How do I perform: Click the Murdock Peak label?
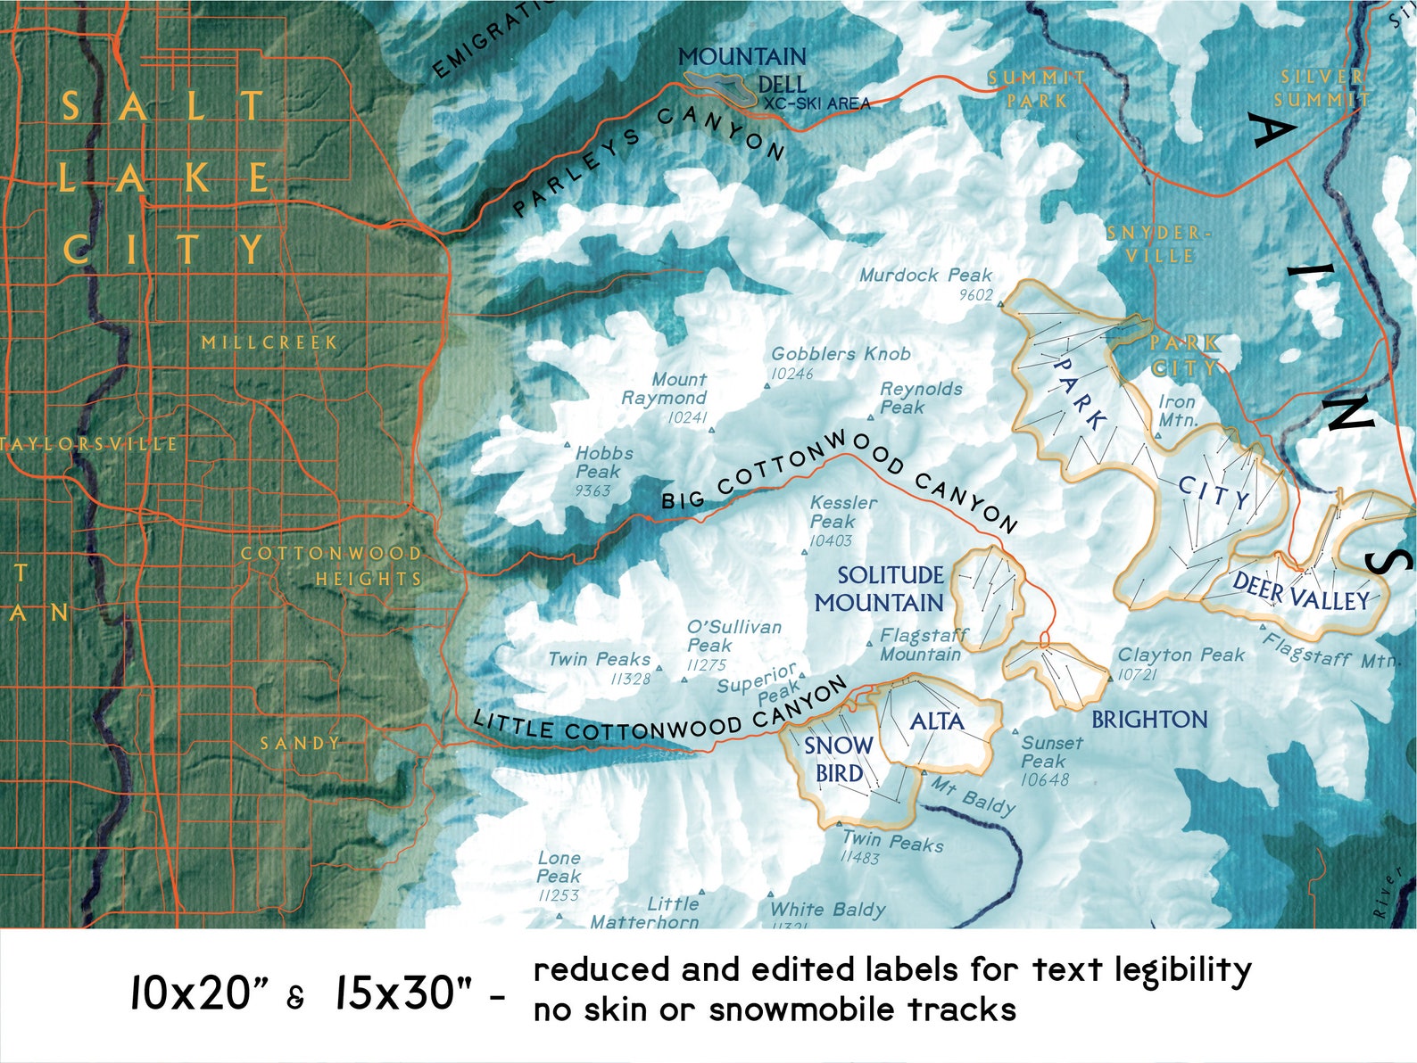(925, 276)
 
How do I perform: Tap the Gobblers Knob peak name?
(841, 354)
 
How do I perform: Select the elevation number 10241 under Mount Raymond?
(687, 417)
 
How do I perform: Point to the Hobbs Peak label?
(603, 462)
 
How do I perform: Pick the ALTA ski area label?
(936, 721)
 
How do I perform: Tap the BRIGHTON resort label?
(1149, 720)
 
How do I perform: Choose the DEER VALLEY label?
(1300, 593)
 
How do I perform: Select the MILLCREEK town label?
(269, 342)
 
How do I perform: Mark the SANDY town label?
(300, 743)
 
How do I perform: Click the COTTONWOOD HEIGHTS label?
(332, 565)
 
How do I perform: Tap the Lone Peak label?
(559, 867)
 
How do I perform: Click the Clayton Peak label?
(1181, 655)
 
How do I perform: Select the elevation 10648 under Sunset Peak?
(1044, 780)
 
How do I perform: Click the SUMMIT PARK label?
(1036, 89)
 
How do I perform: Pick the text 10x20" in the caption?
(198, 993)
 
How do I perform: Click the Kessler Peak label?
(842, 512)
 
